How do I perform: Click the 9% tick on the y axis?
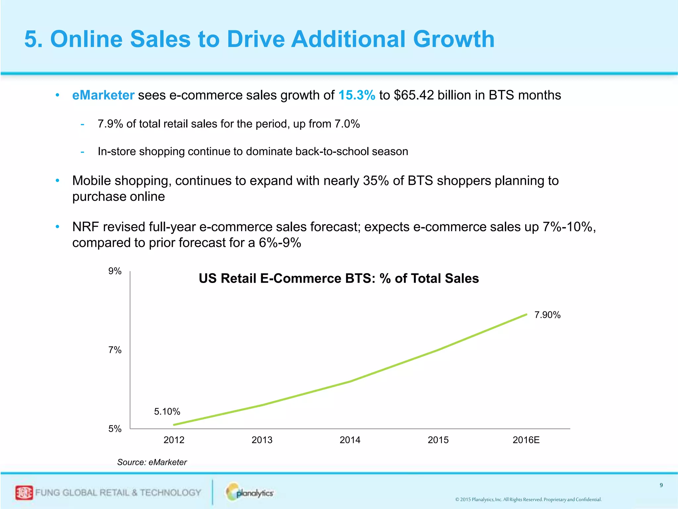tap(115, 271)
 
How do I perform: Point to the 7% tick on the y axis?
tap(115, 350)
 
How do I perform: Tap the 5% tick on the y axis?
tap(115, 429)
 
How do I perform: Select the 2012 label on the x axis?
tap(174, 440)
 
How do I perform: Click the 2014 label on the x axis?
tap(350, 440)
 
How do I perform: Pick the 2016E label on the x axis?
tap(526, 440)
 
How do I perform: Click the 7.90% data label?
tap(548, 315)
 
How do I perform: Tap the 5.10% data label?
tap(167, 412)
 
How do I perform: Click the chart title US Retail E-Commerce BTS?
tap(339, 278)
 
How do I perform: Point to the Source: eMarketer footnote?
tap(152, 462)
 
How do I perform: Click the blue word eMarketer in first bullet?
tap(103, 95)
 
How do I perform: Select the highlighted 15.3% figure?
tap(357, 95)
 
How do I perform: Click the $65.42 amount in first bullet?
tap(414, 95)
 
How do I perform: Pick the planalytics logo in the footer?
tap(250, 493)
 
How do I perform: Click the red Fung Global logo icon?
tap(24, 493)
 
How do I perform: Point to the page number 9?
tap(661, 485)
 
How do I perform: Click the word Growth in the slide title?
tap(454, 39)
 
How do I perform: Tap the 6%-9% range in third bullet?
tap(280, 243)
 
